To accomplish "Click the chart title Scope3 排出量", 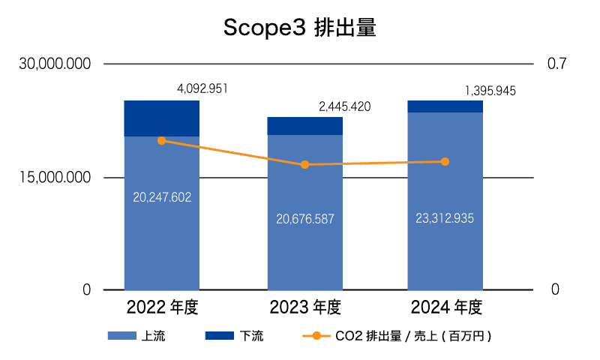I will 300,28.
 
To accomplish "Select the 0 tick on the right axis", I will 555,290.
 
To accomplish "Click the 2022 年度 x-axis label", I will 162,307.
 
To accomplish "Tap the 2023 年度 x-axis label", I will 304,307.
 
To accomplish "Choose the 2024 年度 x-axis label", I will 445,307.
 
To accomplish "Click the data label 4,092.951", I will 202,89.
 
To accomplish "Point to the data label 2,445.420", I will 344,106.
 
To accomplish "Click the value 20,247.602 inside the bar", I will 162,198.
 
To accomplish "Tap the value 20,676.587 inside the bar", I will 304,219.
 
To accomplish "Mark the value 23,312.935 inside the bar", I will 445,218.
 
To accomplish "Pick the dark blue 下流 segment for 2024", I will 445,106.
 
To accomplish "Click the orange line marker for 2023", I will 304,165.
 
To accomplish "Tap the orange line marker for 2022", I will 162,141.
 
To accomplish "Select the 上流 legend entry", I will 136,336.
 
